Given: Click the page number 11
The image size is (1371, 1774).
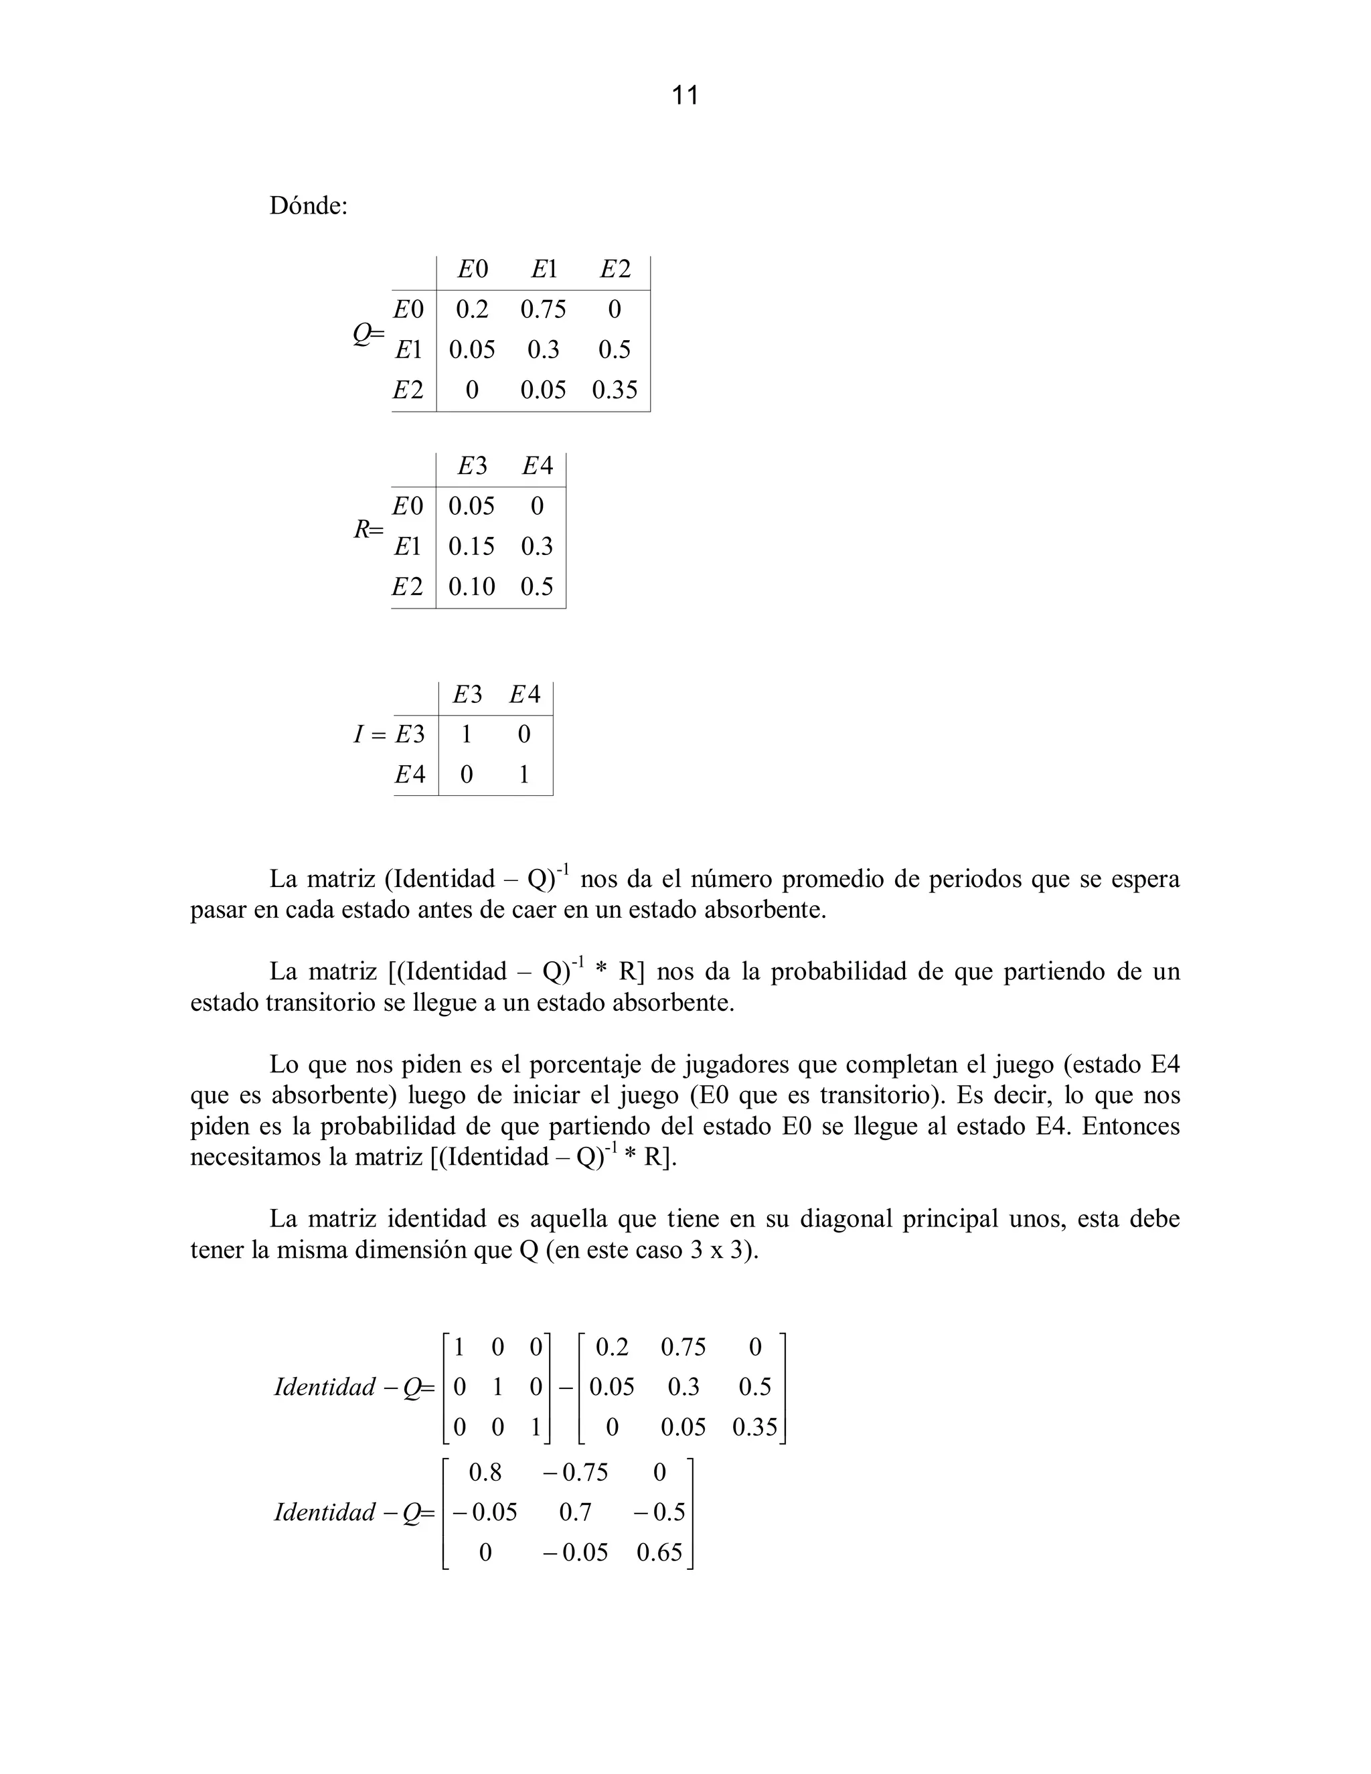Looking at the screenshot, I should pos(685,96).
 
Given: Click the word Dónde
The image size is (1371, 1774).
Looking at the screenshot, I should pos(307,206).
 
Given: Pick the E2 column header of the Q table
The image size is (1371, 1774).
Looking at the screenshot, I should pos(615,269).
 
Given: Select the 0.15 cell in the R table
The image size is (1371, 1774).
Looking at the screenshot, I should pos(471,546).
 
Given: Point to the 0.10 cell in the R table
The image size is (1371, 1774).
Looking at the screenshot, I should pos(471,586).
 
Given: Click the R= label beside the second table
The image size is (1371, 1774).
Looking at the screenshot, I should pos(368,530).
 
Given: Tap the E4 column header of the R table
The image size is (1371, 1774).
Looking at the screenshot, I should pos(537,466).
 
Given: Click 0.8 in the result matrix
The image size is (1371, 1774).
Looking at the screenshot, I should pos(485,1472).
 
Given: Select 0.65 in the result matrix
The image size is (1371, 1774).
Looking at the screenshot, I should pos(659,1552).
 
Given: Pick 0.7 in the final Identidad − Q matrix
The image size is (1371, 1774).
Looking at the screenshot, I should pos(574,1512).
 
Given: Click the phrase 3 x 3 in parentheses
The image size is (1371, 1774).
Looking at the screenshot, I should pos(716,1250).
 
